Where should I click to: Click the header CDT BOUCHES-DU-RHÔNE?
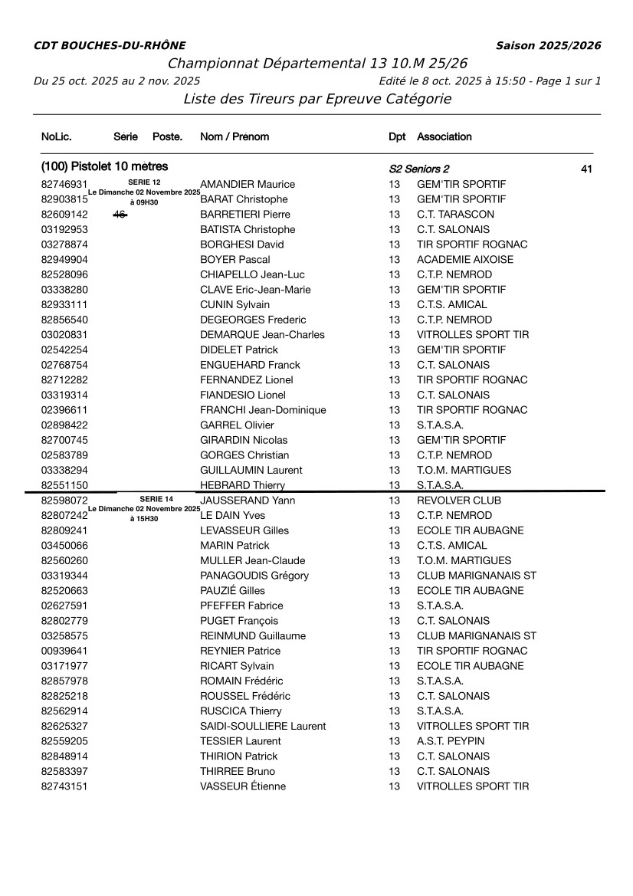coord(110,46)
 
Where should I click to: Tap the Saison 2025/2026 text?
coord(548,46)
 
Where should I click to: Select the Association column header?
coord(444,136)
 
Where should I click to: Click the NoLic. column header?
coord(57,136)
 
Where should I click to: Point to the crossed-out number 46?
coord(120,215)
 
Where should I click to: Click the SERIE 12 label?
coord(144,182)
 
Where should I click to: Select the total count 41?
coord(587,169)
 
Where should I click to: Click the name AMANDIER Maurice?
coord(247,185)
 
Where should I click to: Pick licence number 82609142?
coord(64,215)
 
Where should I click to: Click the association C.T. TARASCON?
coord(455,215)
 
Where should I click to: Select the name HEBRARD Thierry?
coord(242,485)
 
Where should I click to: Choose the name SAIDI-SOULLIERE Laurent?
coord(263,726)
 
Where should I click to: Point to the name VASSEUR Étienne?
coord(243,786)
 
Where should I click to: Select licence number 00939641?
coord(64,651)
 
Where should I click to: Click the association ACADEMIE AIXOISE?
coord(465,260)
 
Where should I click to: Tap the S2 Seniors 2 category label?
coord(419,169)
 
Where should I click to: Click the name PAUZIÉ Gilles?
coord(232,591)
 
